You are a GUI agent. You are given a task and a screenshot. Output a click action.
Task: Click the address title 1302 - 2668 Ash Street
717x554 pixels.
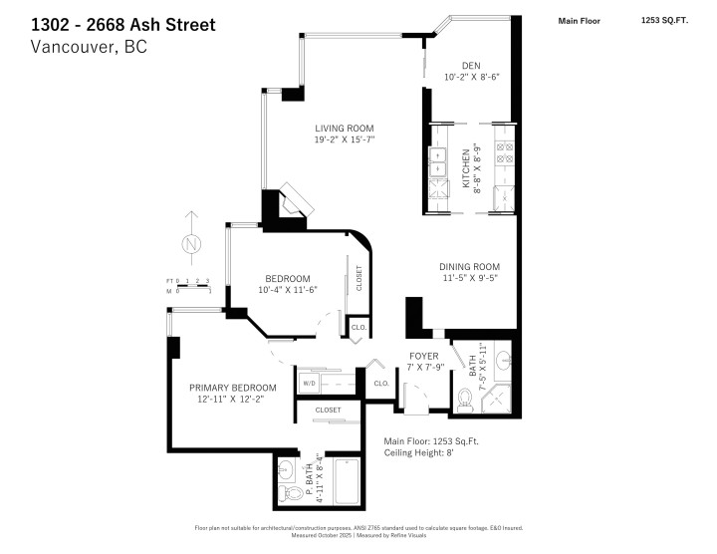(122, 24)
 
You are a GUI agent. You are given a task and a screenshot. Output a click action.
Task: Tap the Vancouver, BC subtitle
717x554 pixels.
(90, 47)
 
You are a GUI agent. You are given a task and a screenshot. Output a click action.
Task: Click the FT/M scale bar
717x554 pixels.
(188, 286)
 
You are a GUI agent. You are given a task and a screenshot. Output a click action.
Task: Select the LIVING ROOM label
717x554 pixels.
(345, 128)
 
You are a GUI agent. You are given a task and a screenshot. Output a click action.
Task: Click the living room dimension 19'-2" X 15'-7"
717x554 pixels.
(345, 140)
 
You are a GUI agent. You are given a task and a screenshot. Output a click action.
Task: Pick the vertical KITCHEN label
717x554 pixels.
(466, 169)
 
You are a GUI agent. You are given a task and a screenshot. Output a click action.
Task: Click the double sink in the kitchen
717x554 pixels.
(439, 157)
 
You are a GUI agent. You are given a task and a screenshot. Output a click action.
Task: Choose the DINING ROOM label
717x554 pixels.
(469, 267)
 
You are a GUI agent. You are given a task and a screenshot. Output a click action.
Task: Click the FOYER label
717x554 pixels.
(424, 356)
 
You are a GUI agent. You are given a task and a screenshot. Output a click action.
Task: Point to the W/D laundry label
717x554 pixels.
(308, 383)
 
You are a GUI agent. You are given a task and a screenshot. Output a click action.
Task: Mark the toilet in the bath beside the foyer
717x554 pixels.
(464, 401)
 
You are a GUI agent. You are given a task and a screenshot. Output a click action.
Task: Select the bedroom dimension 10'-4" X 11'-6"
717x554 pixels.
(287, 291)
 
